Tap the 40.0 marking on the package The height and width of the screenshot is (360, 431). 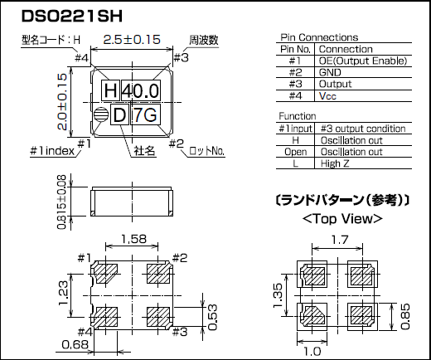tap(138, 90)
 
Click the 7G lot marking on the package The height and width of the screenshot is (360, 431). tap(145, 115)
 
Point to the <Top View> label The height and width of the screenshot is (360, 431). tap(342, 219)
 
